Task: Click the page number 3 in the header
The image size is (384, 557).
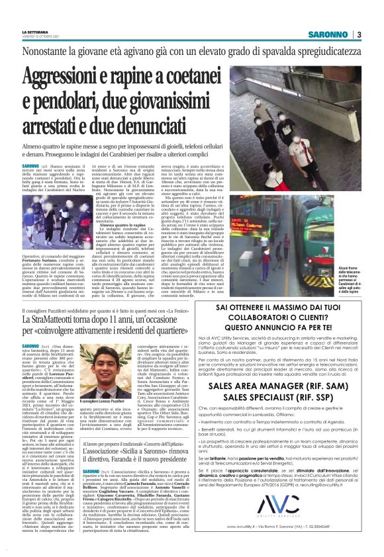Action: (x=358, y=34)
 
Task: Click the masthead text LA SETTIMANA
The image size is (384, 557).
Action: (x=34, y=31)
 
